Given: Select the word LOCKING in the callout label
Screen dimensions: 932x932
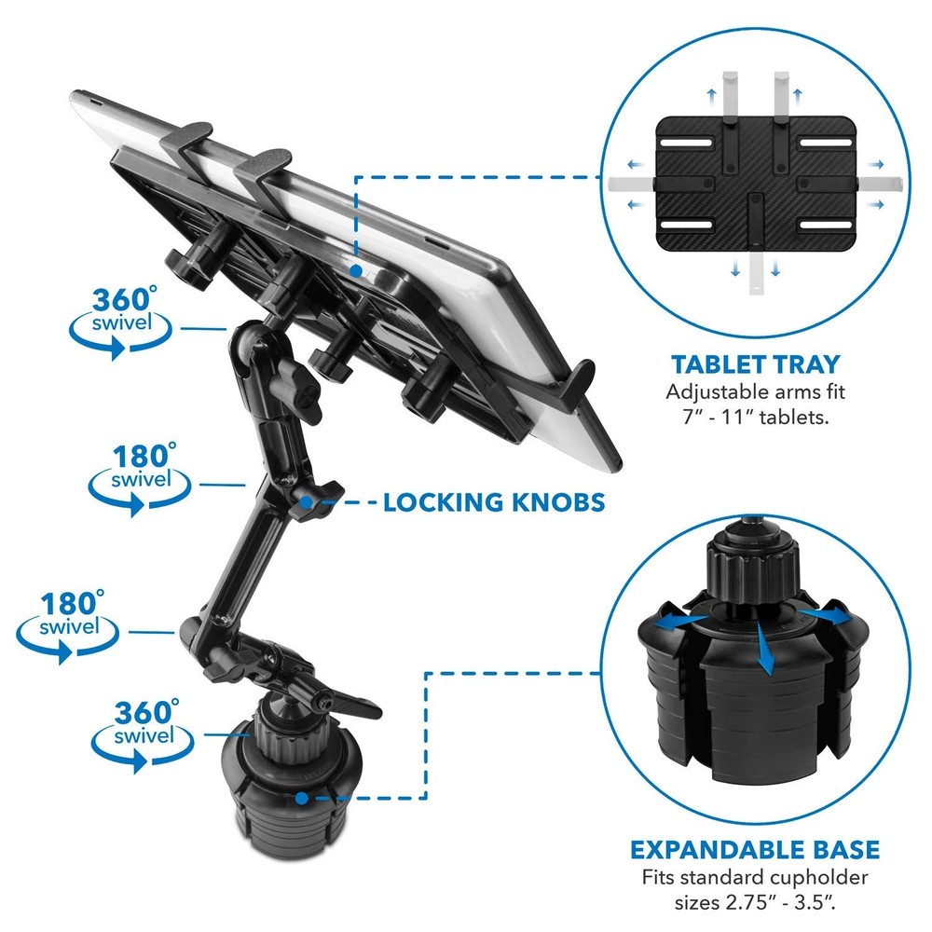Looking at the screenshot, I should (441, 502).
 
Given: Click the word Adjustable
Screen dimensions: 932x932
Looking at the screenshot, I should (709, 392).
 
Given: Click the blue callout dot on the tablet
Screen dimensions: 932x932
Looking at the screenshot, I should (355, 270).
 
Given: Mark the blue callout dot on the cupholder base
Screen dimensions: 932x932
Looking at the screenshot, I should (302, 798).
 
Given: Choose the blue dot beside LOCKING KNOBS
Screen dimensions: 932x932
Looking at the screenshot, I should (307, 503).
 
